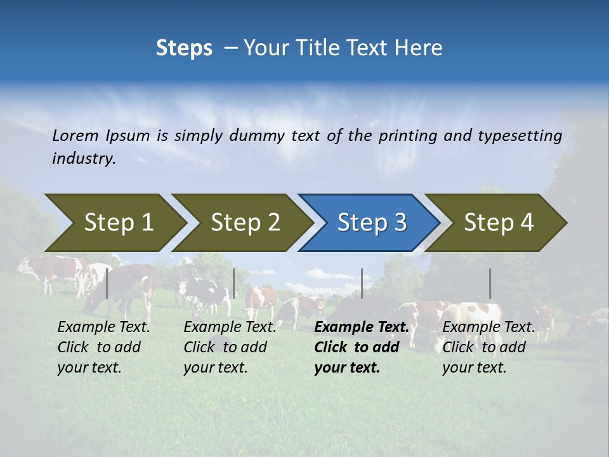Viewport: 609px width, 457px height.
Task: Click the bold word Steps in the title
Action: (x=184, y=48)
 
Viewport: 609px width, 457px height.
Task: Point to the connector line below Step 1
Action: (x=107, y=283)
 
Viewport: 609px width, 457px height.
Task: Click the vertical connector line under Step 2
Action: (x=234, y=283)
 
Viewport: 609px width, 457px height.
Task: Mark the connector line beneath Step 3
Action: (x=362, y=283)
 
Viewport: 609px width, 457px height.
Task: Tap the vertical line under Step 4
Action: (x=490, y=283)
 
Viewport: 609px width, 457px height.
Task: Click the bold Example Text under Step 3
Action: (x=362, y=327)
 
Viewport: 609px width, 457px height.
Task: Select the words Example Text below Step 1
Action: (x=103, y=327)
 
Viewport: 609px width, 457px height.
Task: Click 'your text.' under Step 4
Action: (x=474, y=368)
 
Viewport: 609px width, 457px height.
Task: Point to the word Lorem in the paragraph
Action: (x=75, y=135)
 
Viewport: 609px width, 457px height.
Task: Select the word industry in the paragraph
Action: (x=83, y=159)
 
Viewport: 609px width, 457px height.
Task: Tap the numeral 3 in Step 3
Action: (x=400, y=223)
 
